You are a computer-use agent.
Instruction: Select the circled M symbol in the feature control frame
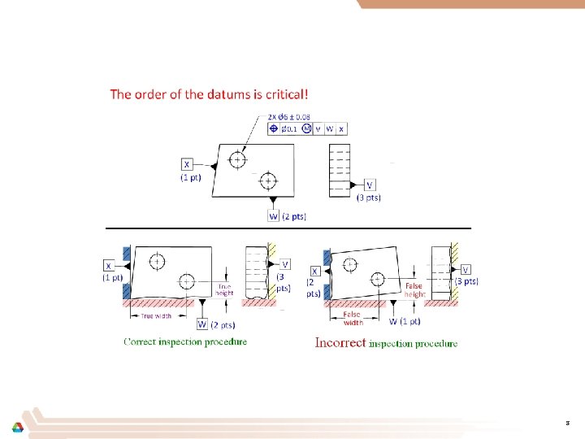point(306,128)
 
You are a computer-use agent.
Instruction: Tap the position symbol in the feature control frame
point(273,128)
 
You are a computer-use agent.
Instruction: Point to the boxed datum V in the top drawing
point(370,185)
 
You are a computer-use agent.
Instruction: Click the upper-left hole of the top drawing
point(236,160)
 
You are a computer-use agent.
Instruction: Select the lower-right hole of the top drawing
point(269,180)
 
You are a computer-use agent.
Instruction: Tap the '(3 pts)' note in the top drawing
point(369,197)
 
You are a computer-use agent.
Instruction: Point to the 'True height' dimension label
point(224,289)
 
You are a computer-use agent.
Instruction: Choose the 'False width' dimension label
point(352,318)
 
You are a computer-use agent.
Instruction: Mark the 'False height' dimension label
point(414,290)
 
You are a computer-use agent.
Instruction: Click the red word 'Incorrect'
point(340,343)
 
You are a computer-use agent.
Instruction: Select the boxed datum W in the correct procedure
point(201,324)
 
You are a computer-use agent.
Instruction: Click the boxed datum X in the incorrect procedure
point(314,271)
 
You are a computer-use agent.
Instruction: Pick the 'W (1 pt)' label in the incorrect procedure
point(404,320)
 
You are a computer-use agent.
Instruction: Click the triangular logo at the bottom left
point(17,428)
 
